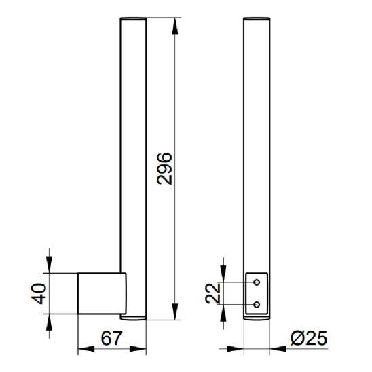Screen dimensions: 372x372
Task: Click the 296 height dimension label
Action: (x=164, y=168)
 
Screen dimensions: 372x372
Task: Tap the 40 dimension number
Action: (x=39, y=293)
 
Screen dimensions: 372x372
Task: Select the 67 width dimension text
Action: (x=111, y=339)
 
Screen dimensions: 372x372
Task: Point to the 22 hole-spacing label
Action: (x=212, y=293)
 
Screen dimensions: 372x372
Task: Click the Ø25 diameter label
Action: (x=309, y=338)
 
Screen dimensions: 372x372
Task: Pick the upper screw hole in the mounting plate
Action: (x=257, y=282)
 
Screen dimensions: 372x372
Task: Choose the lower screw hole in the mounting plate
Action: (x=257, y=305)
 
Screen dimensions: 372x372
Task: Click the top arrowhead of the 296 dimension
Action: (x=175, y=26)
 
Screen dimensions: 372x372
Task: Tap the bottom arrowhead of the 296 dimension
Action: (x=175, y=312)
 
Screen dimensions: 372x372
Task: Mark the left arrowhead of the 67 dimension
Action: (x=86, y=349)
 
